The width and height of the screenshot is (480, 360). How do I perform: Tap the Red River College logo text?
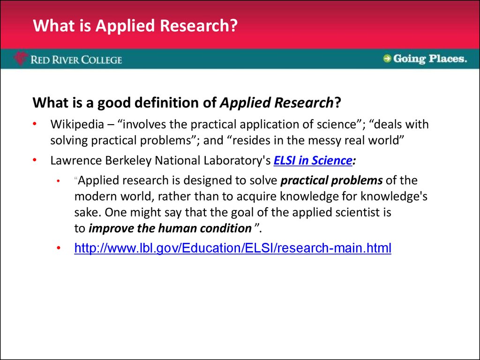[76, 60]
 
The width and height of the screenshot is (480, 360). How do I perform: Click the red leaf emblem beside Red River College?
[21, 59]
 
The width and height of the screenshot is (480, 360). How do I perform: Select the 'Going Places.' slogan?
[430, 59]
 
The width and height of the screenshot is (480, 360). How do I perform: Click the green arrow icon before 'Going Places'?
[387, 59]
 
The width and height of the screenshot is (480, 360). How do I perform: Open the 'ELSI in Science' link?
[313, 161]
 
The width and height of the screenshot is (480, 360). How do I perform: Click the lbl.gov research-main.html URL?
[232, 247]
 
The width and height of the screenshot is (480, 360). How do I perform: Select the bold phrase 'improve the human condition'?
[170, 229]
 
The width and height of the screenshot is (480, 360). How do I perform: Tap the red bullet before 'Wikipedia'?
[35, 124]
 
